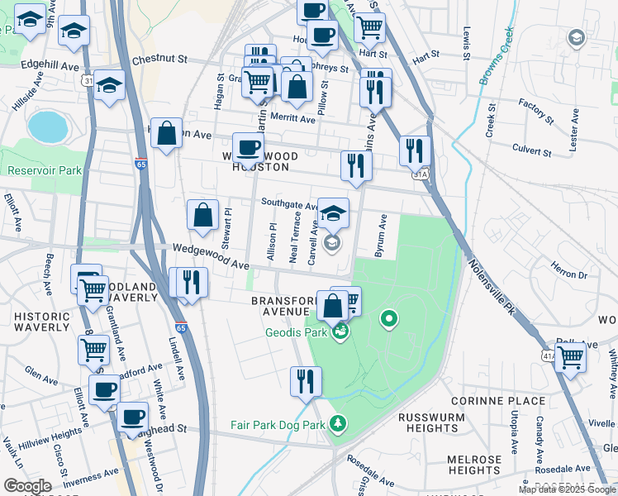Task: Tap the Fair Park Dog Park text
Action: pos(278,426)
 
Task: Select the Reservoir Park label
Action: pos(45,171)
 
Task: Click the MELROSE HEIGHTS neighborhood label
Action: pos(475,465)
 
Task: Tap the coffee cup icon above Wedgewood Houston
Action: pos(248,149)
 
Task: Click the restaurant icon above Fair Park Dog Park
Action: pos(305,381)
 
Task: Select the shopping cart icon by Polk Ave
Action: pos(570,358)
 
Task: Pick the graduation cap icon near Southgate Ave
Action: pos(333,214)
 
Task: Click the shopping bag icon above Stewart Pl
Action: pos(202,216)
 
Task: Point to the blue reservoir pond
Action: pos(47,126)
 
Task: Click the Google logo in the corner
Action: pos(28,485)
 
